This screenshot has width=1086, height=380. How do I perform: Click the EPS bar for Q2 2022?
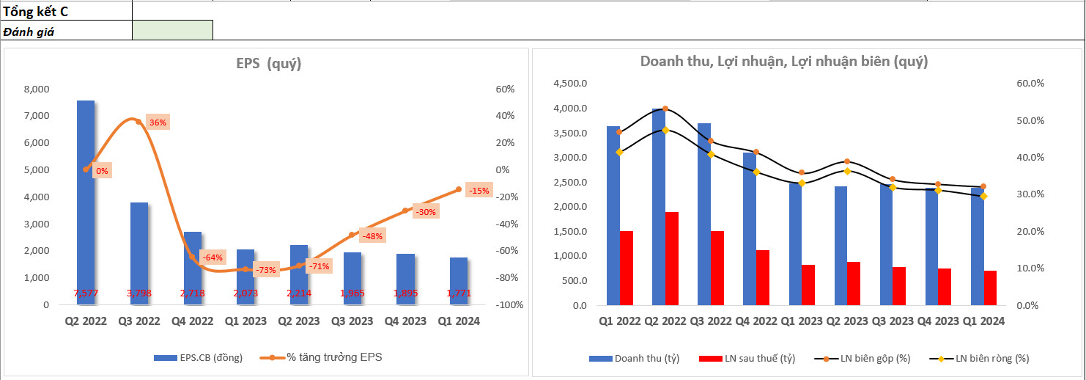86,198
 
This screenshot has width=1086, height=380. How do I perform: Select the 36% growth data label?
158,123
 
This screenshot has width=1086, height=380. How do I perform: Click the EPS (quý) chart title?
268,64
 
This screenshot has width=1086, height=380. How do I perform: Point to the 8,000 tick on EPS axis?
37,89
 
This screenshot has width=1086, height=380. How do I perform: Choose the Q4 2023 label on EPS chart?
405,321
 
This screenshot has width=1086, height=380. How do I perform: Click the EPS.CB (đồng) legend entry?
198,357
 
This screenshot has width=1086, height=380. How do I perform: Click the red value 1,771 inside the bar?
459,293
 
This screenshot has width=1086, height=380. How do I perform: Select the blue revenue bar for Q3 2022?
703,213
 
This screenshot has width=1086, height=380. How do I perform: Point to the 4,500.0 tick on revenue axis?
569,84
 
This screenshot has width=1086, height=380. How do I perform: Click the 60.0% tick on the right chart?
1030,84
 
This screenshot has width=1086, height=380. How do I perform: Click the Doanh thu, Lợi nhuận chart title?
784,62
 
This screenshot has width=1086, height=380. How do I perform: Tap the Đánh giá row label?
29,32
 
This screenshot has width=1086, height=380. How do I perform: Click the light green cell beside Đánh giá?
172,30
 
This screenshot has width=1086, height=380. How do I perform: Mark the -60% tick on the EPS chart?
506,251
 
